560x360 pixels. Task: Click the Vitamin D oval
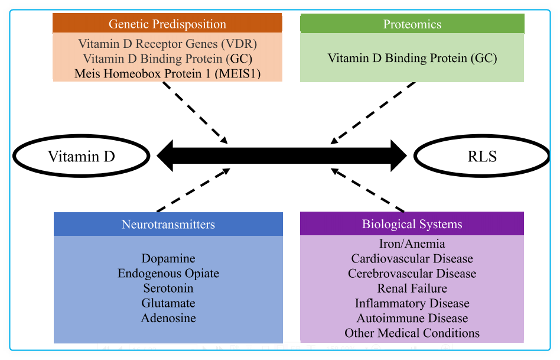pos(81,157)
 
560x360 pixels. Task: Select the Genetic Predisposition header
pos(167,24)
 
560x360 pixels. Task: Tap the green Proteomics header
pos(412,24)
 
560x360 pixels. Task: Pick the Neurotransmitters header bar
pos(168,224)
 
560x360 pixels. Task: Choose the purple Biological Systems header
pos(412,224)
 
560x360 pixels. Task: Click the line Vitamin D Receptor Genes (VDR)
pos(168,44)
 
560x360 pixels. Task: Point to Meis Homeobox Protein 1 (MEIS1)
pos(168,74)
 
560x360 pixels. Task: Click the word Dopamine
pos(168,258)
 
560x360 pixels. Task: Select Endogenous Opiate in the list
pos(168,273)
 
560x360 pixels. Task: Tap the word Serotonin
pos(168,288)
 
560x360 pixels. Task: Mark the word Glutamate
pos(168,303)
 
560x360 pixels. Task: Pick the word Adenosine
pos(168,318)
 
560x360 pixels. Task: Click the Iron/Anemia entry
pos(412,244)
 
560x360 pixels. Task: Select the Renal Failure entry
pos(412,288)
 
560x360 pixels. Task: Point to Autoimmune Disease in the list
pos(412,318)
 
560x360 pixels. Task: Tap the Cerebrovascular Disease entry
pos(412,274)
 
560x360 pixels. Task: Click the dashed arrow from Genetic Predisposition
pos(194,112)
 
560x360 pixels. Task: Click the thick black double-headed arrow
pos(281,156)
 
